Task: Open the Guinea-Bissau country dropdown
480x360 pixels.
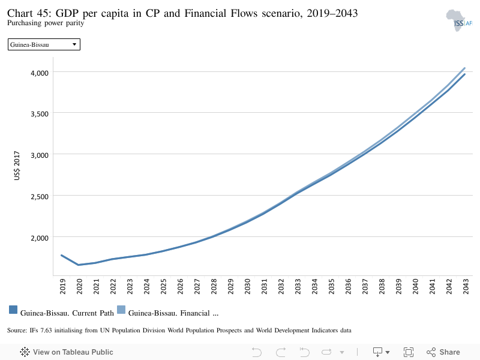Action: pos(44,44)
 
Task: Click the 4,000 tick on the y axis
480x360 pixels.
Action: pos(40,73)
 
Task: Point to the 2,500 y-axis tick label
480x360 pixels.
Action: pos(40,197)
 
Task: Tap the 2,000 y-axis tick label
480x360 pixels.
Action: pos(40,238)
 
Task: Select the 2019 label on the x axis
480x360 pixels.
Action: pos(62,286)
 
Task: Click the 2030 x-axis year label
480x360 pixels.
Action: pos(247,286)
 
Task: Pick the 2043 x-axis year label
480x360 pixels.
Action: pos(466,286)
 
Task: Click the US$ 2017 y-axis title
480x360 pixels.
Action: pos(17,166)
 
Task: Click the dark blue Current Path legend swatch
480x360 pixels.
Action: pos(13,310)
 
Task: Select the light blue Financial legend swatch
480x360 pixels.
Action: pos(121,310)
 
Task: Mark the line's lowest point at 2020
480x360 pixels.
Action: pos(79,265)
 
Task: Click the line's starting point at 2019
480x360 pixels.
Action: pos(62,256)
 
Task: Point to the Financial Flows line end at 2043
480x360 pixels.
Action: pos(464,68)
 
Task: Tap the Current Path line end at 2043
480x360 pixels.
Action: pos(464,74)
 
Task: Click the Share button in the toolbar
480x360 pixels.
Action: pos(443,352)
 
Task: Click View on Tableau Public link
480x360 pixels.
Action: pos(67,352)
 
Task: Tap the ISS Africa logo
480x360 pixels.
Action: pos(459,20)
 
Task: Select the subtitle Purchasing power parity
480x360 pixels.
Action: pos(46,23)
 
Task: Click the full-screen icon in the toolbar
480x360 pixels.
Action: pos(409,352)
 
